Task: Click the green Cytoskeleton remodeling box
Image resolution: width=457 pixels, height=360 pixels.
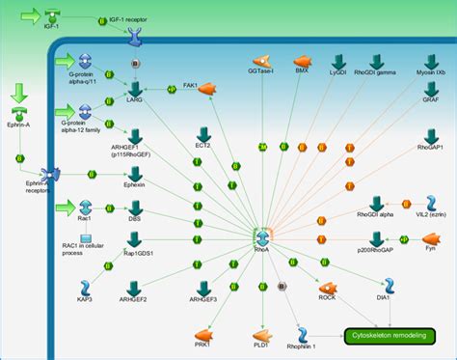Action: coord(390,336)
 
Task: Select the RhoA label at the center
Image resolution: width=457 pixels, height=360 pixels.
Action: coord(261,248)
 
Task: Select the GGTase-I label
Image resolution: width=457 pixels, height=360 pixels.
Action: coord(261,70)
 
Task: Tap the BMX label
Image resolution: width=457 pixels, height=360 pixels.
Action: coord(302,70)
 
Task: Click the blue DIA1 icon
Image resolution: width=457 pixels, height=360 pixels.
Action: coord(390,285)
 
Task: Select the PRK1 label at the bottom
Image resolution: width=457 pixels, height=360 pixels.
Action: coord(202,343)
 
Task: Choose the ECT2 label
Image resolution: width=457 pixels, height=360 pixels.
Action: coord(203,145)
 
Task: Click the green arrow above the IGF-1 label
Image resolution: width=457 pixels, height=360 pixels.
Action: coord(29,15)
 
